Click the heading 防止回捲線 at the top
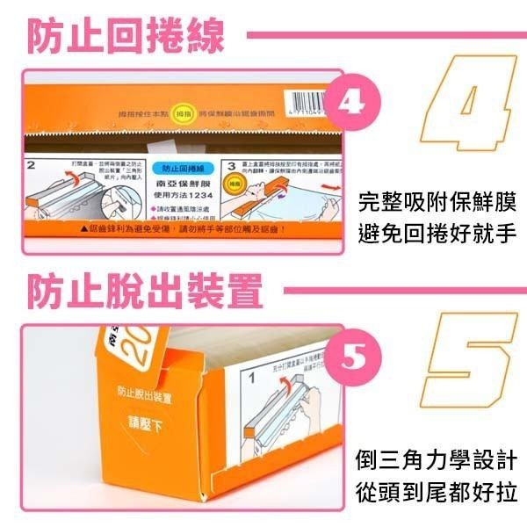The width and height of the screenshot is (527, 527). coord(124,37)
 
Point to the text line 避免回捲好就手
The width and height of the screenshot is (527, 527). coord(438,235)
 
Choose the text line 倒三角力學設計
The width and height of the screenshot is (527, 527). coord(438,460)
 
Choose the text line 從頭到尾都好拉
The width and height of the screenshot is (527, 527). coord(438,491)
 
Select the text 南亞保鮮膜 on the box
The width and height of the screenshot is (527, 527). coord(179,183)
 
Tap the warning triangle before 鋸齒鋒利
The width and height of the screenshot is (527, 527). coord(84,228)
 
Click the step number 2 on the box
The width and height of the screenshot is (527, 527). coord(30,164)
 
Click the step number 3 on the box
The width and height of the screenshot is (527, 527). coord(231,164)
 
